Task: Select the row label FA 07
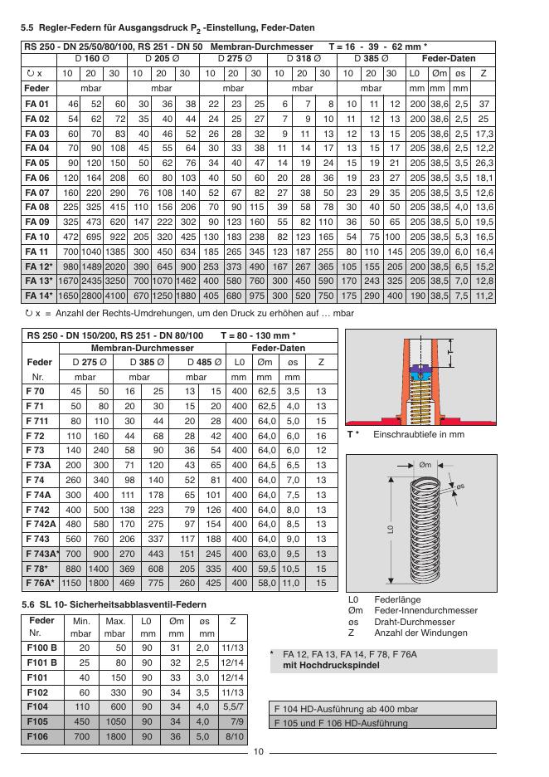point(36,192)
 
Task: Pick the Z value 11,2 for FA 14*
point(483,296)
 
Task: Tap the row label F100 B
point(41,646)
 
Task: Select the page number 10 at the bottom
point(258,752)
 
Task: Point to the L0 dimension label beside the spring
point(389,530)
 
